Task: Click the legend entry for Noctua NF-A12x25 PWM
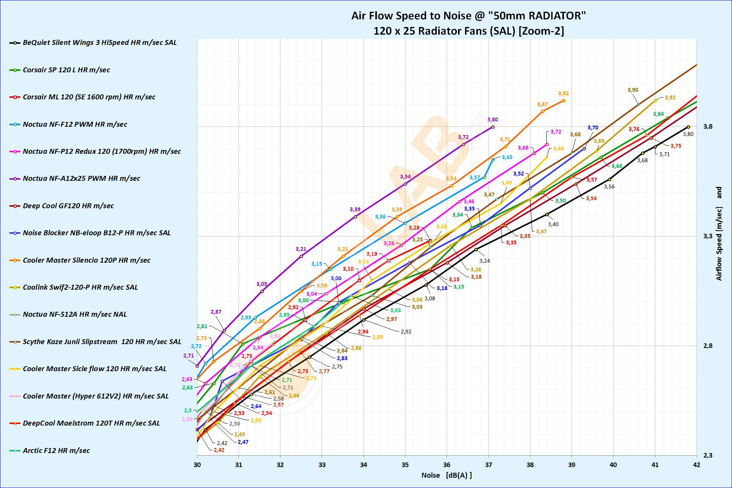pos(81,179)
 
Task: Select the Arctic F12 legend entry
pos(56,451)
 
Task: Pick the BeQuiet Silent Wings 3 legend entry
pos(99,43)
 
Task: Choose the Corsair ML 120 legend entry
pos(89,97)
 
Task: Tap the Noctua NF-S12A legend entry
pos(75,314)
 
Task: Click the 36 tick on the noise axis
pos(447,465)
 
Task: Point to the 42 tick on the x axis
pos(697,465)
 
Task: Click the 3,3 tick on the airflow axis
pos(708,236)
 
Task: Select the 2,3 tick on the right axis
pos(708,456)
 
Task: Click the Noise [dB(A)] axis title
pos(447,475)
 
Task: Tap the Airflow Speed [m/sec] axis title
pos(719,234)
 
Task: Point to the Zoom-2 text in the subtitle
pos(541,31)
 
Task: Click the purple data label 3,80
pos(493,120)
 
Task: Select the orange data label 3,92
pos(564,94)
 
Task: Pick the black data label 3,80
pos(688,134)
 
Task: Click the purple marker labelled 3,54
pos(405,184)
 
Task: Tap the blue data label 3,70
pos(593,128)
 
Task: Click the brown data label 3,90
pos(633,90)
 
